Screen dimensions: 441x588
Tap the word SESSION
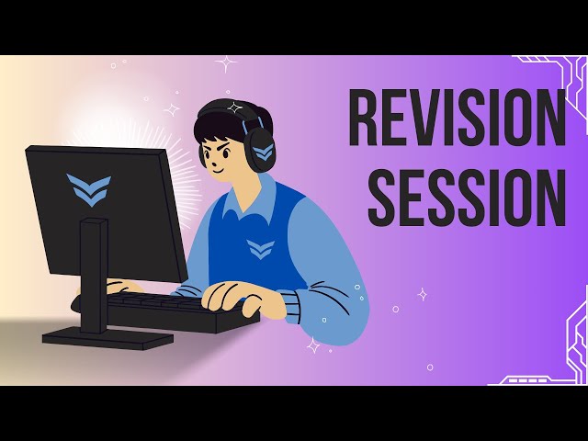click(467, 198)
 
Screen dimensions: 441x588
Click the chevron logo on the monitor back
click(88, 189)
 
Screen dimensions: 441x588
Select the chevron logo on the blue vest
click(260, 249)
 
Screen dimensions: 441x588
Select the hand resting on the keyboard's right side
click(231, 296)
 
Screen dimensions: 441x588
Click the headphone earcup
click(260, 151)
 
